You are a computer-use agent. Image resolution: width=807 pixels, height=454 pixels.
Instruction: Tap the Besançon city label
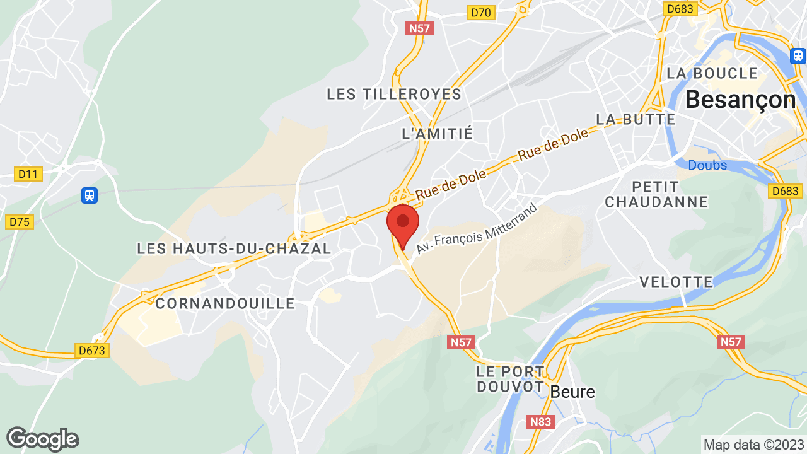point(740,100)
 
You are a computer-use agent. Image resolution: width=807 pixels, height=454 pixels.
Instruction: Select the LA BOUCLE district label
point(712,73)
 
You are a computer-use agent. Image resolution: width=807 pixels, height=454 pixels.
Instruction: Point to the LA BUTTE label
point(636,119)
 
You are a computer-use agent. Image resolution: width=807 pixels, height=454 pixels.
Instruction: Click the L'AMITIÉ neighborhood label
point(437,134)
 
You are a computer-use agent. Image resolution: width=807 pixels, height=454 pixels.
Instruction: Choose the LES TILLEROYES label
point(394,95)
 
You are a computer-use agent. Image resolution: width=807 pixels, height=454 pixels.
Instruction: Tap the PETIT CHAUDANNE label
point(656,194)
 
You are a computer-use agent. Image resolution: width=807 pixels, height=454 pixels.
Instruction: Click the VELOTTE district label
point(676,282)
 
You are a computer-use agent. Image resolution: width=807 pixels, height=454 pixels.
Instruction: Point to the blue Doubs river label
point(707,165)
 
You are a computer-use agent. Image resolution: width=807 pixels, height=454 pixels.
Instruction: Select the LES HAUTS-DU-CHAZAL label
point(234,249)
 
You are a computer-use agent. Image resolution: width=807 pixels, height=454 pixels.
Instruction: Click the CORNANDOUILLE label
point(225,303)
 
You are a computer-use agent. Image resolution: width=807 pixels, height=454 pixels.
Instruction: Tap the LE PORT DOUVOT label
point(510,378)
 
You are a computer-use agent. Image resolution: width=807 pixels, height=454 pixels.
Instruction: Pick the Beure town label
point(572,392)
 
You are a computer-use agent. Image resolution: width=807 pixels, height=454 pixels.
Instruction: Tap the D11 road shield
point(28,174)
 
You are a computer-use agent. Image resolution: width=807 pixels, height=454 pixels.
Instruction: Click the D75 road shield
point(20,221)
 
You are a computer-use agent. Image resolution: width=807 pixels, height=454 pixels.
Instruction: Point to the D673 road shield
point(92,351)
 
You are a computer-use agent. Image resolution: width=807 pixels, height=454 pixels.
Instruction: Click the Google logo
point(42,439)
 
